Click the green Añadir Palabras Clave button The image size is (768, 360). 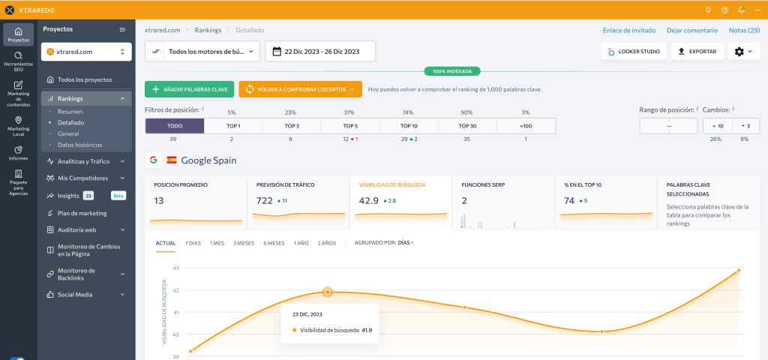click(x=189, y=89)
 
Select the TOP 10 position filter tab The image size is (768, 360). click(x=409, y=126)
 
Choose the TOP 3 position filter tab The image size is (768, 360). click(x=292, y=126)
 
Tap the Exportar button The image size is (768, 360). click(x=697, y=52)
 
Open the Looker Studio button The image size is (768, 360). click(x=634, y=52)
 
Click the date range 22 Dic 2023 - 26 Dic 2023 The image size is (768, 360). click(x=320, y=52)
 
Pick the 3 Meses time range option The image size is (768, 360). click(x=244, y=243)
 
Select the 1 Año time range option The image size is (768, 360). click(x=301, y=243)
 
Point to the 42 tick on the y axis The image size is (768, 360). click(x=176, y=290)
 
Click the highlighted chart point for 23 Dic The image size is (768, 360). click(x=328, y=292)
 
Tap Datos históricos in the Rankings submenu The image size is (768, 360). click(x=79, y=145)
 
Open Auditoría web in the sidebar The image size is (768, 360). click(x=77, y=229)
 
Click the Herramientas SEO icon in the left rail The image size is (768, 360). click(x=19, y=55)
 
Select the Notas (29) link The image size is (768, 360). click(x=745, y=30)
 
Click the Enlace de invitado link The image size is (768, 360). click(x=629, y=30)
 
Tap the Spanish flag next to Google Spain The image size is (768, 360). click(x=172, y=160)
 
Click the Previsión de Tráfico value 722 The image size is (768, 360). click(x=265, y=200)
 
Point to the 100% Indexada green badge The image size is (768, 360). click(x=452, y=71)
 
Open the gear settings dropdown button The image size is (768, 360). click(x=743, y=52)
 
